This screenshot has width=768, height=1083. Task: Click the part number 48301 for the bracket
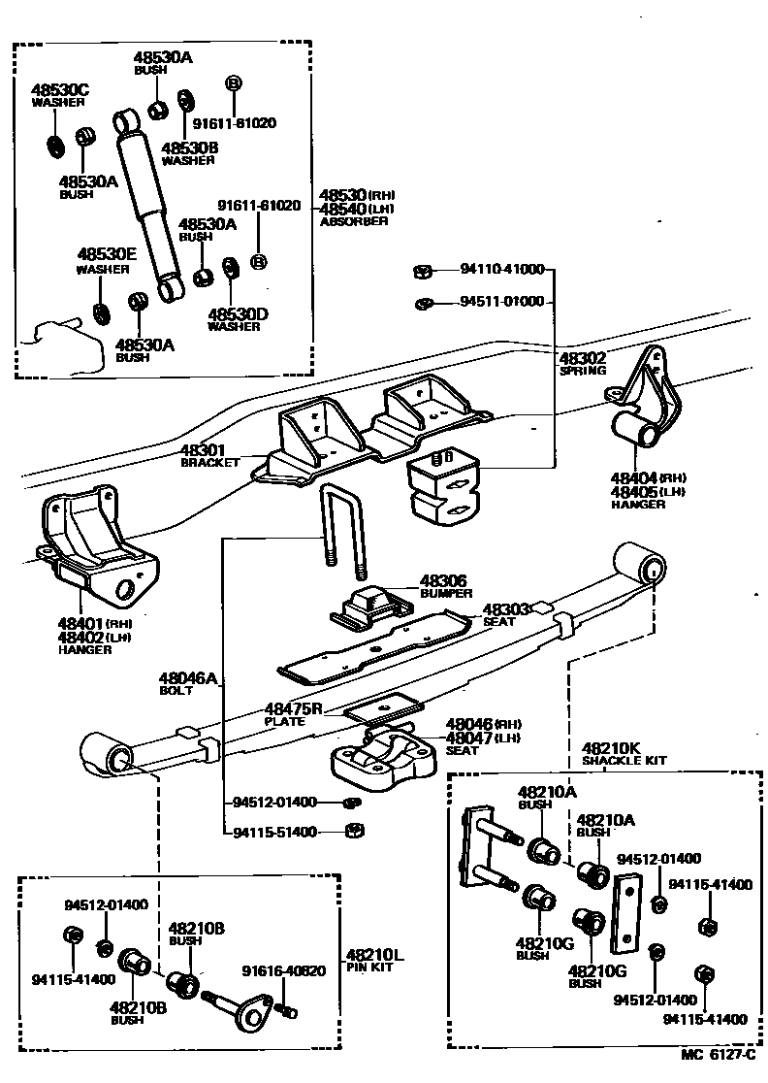tap(202, 451)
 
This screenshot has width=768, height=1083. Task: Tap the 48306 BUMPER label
tap(445, 587)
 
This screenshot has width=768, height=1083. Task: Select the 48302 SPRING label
tap(582, 364)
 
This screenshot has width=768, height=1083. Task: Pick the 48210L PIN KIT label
tap(374, 960)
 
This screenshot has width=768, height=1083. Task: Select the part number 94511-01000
tap(501, 302)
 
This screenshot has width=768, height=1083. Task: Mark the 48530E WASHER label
tap(107, 260)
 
